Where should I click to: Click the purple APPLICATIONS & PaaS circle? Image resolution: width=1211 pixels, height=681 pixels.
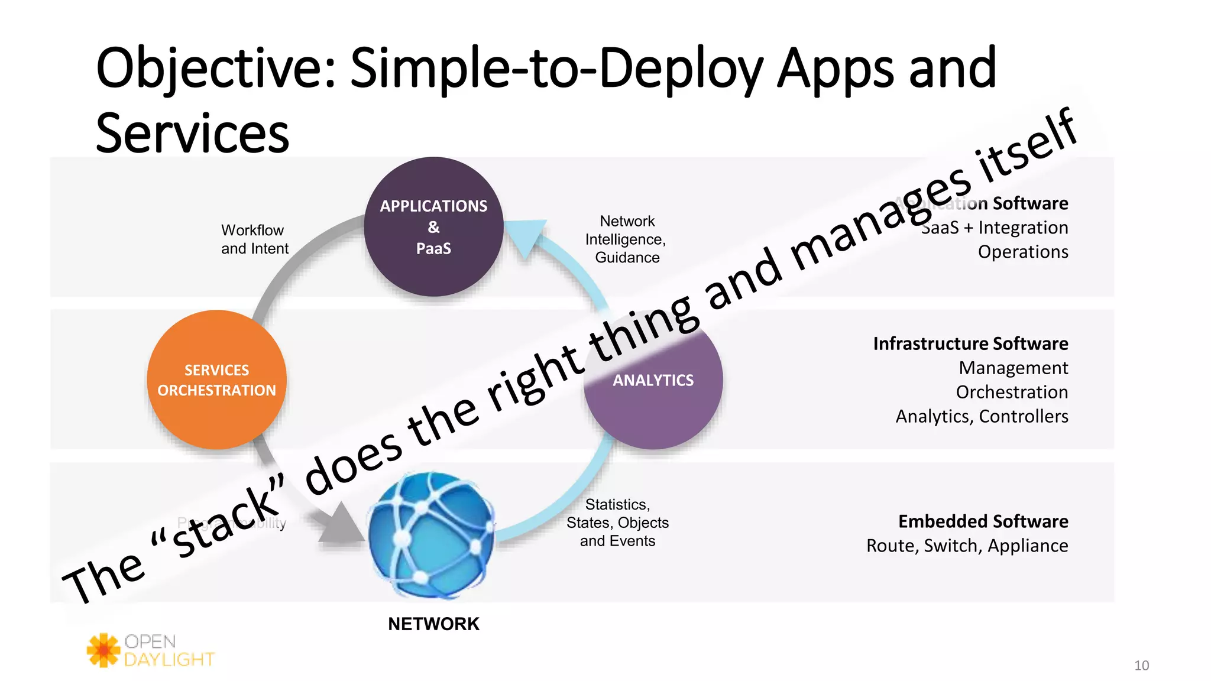pos(433,227)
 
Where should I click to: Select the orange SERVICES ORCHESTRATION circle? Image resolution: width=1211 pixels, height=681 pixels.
pos(216,380)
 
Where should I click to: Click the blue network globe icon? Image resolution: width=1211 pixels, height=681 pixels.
pos(431,535)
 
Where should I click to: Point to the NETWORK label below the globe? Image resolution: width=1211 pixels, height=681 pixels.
pos(433,624)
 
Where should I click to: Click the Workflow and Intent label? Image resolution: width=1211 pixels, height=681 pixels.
pos(255,239)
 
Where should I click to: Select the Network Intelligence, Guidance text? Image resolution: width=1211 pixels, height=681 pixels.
pos(626,239)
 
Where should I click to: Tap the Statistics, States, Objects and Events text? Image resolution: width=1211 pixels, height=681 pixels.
pos(617,523)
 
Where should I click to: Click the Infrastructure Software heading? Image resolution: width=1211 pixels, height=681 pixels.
pos(970,343)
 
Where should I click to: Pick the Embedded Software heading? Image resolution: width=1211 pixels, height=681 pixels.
pos(983,521)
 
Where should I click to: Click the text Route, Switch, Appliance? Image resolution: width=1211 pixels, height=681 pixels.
pos(967,546)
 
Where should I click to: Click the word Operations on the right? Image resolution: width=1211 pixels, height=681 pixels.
pos(1022,252)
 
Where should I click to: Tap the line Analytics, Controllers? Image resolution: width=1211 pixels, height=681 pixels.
pos(982,416)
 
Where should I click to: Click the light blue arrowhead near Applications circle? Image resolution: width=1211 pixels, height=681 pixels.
pos(526,236)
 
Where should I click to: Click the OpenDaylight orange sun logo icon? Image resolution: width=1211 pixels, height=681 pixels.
pos(103,650)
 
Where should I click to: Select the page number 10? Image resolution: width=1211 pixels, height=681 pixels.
pos(1141,666)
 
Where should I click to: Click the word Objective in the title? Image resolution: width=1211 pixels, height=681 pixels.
pos(215,69)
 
